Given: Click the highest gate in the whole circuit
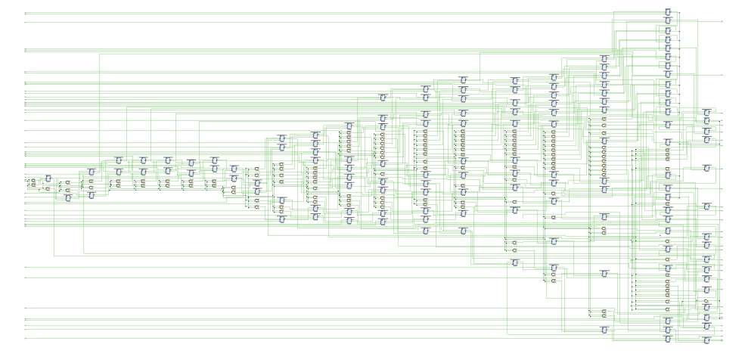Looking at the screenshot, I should tap(668, 11).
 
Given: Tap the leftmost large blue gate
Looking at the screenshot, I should tap(48, 178).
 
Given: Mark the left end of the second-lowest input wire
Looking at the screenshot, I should tap(26, 330).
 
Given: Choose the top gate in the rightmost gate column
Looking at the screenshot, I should tap(706, 111).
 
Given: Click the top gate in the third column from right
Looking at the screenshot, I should tap(604, 58).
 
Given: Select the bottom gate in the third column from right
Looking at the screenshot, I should tap(604, 330).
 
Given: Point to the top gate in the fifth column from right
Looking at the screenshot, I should tap(515, 79).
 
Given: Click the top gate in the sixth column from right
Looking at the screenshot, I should tap(463, 79).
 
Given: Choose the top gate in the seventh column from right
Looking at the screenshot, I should tap(425, 88).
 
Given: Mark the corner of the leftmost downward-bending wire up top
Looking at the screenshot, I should tap(102, 54).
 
